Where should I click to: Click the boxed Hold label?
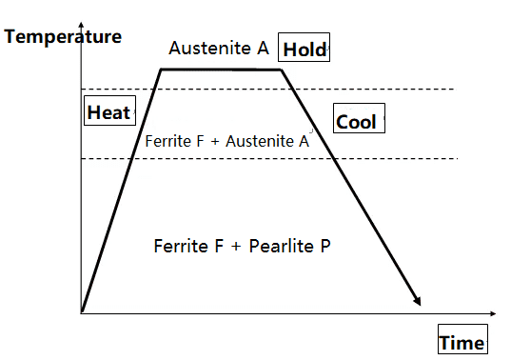click(304, 48)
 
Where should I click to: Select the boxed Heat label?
click(109, 110)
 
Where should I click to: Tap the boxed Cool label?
click(359, 118)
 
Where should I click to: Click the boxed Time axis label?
click(462, 339)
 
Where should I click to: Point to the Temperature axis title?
click(63, 36)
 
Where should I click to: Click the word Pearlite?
click(282, 246)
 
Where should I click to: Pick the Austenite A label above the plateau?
click(219, 48)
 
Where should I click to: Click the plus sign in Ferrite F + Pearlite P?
click(236, 247)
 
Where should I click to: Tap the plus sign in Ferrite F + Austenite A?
click(214, 142)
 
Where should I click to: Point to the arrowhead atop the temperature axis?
click(81, 25)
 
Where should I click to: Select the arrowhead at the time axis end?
click(493, 313)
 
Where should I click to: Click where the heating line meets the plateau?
click(161, 70)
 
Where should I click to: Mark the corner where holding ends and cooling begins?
click(281, 70)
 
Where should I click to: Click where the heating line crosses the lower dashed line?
click(131, 159)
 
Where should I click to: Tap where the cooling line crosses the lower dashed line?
click(333, 159)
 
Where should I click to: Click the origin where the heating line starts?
click(82, 312)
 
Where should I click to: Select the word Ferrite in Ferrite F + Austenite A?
click(167, 142)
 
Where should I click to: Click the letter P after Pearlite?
click(325, 246)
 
